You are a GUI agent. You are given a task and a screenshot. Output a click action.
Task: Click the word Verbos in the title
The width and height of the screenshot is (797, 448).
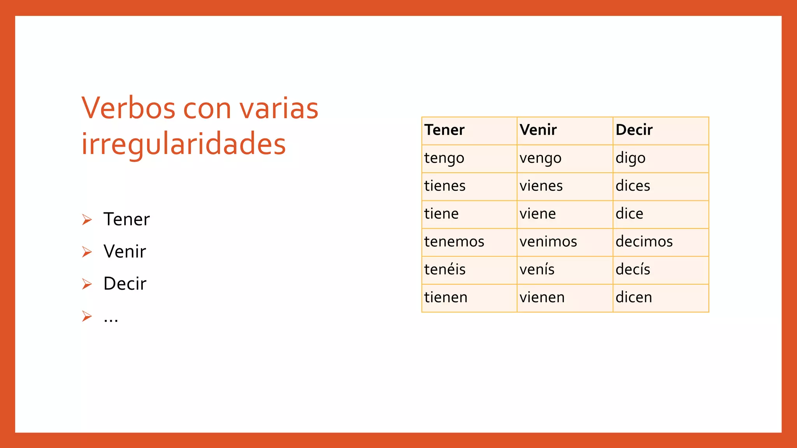(128, 108)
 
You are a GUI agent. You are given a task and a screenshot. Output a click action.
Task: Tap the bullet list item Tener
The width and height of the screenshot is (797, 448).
(126, 219)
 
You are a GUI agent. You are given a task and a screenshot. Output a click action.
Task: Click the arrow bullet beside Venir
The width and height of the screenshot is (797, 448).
(87, 252)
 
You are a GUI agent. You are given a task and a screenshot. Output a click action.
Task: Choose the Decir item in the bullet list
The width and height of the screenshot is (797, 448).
(125, 284)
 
